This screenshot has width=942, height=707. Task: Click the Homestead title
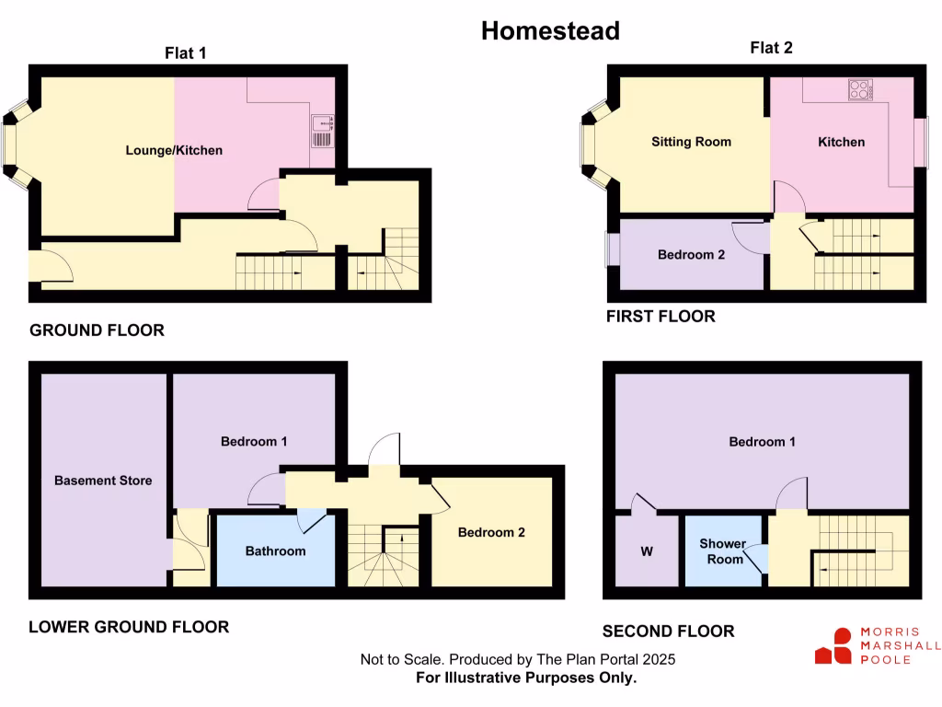click(550, 30)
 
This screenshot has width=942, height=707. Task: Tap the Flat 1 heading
click(185, 53)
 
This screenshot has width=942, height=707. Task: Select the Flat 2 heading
click(770, 49)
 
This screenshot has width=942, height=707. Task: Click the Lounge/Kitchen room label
click(174, 149)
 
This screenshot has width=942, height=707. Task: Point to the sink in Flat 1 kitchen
click(322, 131)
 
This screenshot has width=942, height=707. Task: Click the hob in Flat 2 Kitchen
click(860, 89)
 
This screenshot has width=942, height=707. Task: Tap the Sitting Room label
click(691, 142)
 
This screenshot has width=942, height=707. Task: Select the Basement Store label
click(103, 481)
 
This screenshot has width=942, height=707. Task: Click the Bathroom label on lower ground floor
click(275, 551)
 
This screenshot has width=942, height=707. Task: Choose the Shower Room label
click(722, 551)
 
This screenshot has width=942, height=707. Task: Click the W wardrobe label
click(647, 552)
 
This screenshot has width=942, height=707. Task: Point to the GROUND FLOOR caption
click(97, 330)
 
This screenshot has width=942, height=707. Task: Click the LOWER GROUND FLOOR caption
click(129, 627)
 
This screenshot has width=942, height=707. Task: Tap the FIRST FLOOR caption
click(660, 316)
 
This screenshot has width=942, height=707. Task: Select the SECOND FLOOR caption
click(668, 631)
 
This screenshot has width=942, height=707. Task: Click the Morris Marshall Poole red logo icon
click(833, 646)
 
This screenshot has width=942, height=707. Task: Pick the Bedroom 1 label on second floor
click(762, 442)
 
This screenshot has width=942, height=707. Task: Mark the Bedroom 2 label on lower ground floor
click(491, 532)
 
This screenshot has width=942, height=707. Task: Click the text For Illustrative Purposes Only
click(526, 678)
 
